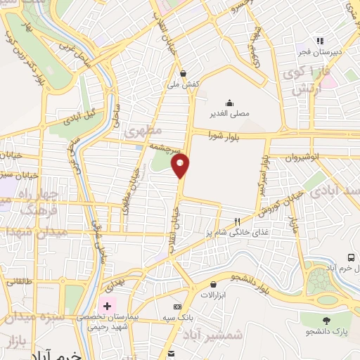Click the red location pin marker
click(x=181, y=166)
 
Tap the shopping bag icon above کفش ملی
click(x=184, y=72)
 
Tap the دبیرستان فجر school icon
click(x=320, y=41)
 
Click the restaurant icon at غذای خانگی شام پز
click(x=246, y=221)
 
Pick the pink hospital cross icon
click(x=107, y=306)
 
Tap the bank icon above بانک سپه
click(x=177, y=307)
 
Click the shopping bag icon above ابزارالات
click(x=212, y=283)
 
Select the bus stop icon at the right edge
click(x=351, y=258)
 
